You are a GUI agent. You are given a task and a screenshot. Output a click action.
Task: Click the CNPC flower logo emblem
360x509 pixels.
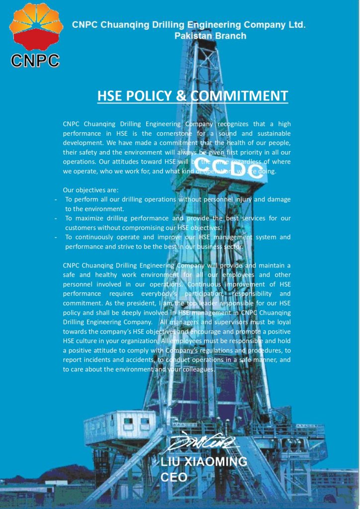pyautogui.click(x=36, y=27)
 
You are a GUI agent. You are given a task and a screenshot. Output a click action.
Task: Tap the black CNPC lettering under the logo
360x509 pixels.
pyautogui.click(x=35, y=60)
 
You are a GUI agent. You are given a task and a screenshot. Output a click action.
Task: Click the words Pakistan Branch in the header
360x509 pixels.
pyautogui.click(x=210, y=36)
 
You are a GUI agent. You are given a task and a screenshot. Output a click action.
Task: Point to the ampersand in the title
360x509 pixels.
pyautogui.click(x=181, y=96)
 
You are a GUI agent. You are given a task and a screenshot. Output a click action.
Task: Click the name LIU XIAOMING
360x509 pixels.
pyautogui.click(x=204, y=462)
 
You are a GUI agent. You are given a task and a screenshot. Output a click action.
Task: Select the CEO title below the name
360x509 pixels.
pyautogui.click(x=174, y=478)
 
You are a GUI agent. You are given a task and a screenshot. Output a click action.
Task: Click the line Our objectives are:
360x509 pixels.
pyautogui.click(x=90, y=190)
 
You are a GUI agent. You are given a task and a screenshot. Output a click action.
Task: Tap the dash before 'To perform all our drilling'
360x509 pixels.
pyautogui.click(x=56, y=199)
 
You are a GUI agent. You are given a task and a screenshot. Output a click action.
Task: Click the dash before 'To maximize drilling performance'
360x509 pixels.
pyautogui.click(x=56, y=218)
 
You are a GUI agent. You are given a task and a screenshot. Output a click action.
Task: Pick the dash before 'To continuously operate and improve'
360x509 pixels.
pyautogui.click(x=56, y=237)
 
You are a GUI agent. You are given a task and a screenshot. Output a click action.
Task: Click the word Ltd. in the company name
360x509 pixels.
pyautogui.click(x=296, y=24)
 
